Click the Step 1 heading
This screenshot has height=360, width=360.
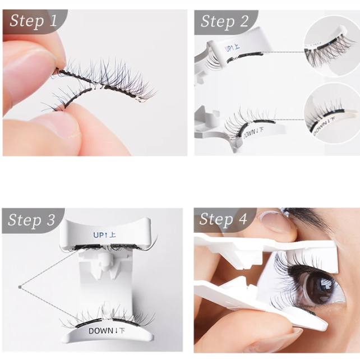pyautogui.click(x=34, y=22)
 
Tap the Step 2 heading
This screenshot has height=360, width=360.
pyautogui.click(x=224, y=22)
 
